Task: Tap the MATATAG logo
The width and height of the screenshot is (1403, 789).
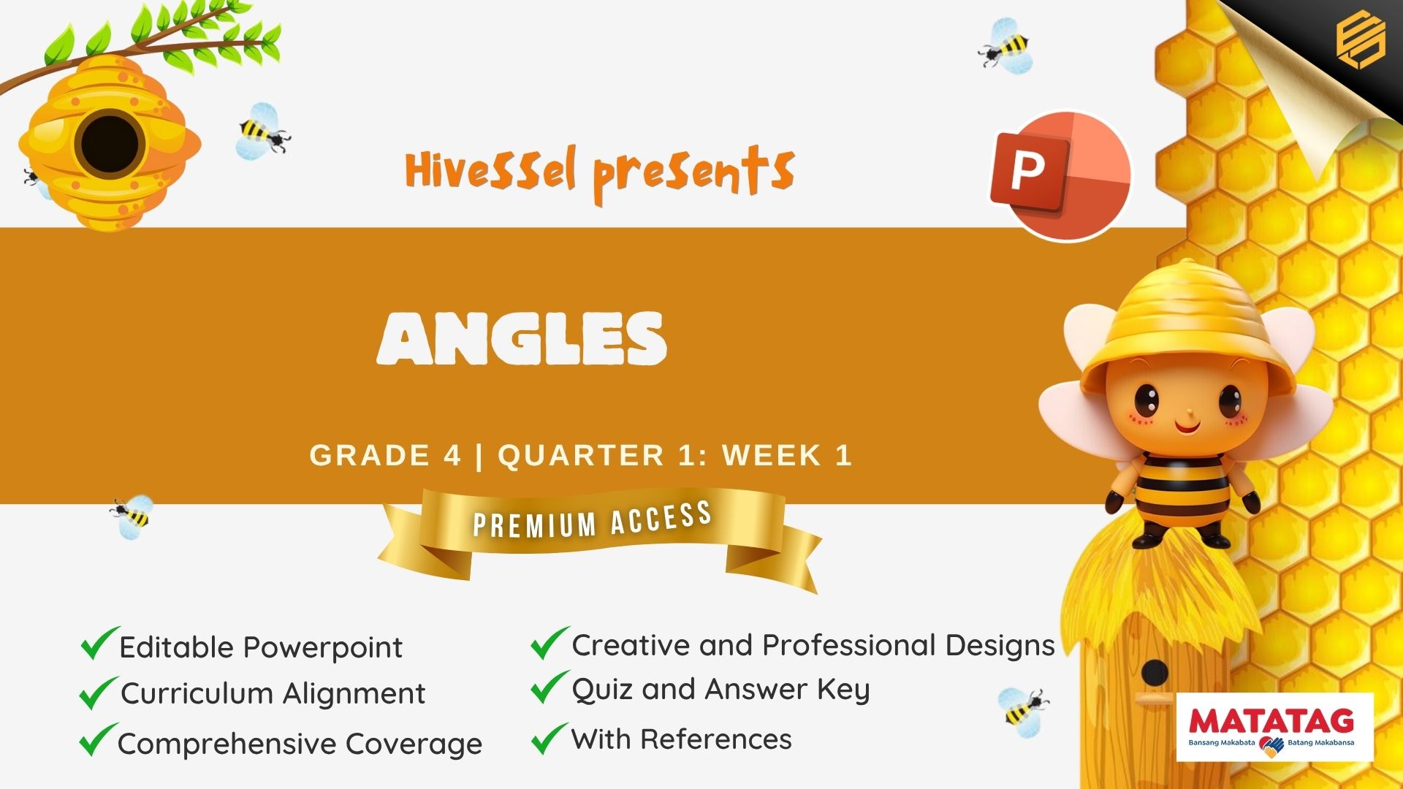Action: pyautogui.click(x=1274, y=727)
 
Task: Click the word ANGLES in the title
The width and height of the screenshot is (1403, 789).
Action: pyautogui.click(x=522, y=338)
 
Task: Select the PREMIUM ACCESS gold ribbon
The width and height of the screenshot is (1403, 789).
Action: pyautogui.click(x=599, y=537)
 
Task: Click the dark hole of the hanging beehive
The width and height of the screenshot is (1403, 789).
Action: pyautogui.click(x=110, y=143)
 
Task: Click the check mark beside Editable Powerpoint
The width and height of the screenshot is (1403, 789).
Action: pyautogui.click(x=99, y=643)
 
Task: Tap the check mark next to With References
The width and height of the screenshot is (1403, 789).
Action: pyautogui.click(x=550, y=738)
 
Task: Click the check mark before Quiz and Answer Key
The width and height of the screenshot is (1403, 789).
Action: pyautogui.click(x=550, y=687)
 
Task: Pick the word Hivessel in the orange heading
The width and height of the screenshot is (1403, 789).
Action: pyautogui.click(x=490, y=169)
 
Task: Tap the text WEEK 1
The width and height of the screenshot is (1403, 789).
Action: pyautogui.click(x=787, y=455)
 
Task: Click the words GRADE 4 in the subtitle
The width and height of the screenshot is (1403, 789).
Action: pyautogui.click(x=385, y=455)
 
